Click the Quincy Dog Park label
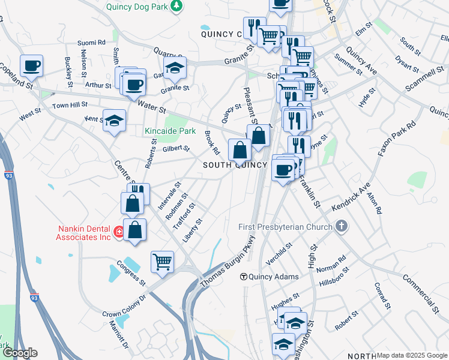(136, 7)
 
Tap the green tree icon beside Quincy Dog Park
(176, 6)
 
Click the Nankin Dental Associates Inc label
(85, 232)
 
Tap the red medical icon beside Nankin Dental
(119, 233)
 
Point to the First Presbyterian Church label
(285, 227)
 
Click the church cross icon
(342, 227)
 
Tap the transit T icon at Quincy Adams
(244, 277)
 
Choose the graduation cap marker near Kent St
(114, 121)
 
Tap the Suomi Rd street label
(92, 43)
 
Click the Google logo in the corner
(19, 353)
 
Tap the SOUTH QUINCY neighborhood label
(235, 165)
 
